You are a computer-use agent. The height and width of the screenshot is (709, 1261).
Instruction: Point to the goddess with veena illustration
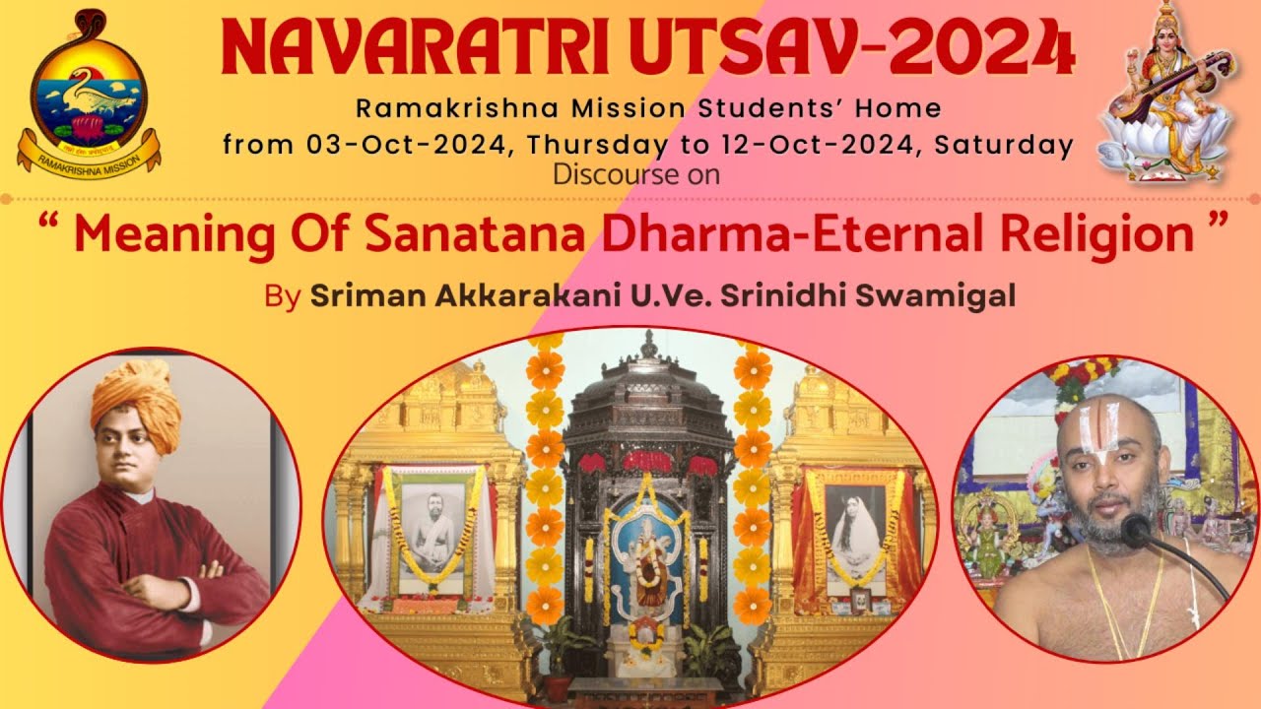coord(1167,94)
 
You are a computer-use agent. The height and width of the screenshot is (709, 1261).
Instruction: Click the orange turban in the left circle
coord(137,399)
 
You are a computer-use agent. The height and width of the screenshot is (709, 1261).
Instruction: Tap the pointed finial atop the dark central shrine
coord(649,345)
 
